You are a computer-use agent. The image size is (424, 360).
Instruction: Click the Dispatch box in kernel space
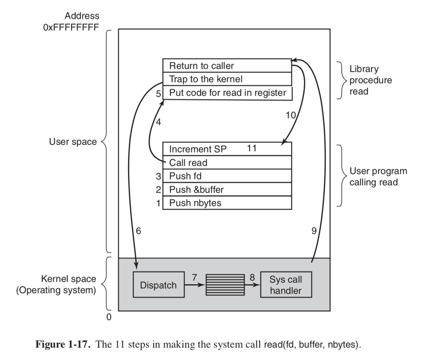(159, 285)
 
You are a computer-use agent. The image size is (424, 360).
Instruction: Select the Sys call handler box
(285, 285)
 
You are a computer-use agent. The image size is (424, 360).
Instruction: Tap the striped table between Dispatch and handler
(225, 284)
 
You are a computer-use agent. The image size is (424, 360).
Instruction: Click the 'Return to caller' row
(227, 65)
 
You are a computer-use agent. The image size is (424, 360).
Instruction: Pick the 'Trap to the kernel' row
(227, 79)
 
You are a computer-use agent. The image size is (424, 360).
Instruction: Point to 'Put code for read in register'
(227, 93)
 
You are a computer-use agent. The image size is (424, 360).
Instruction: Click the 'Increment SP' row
(227, 149)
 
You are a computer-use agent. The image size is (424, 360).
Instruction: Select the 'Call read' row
(227, 162)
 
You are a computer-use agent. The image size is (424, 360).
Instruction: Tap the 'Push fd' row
(227, 176)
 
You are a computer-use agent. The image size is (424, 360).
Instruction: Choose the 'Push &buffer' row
(227, 189)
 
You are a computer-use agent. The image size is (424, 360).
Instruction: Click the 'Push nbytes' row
(227, 203)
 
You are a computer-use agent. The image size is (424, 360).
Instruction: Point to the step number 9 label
(314, 231)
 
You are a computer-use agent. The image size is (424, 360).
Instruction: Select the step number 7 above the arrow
(195, 277)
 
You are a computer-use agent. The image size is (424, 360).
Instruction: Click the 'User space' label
(73, 142)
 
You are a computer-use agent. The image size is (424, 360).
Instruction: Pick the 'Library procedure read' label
(370, 80)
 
